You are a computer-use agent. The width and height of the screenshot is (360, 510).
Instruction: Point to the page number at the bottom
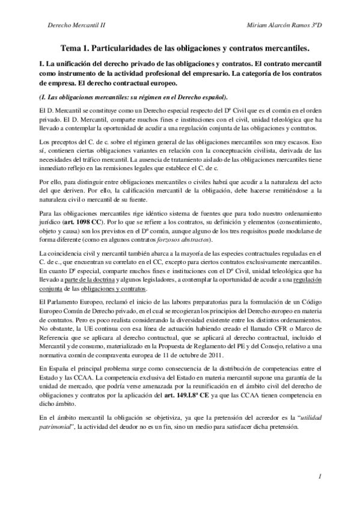tap(322, 476)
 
